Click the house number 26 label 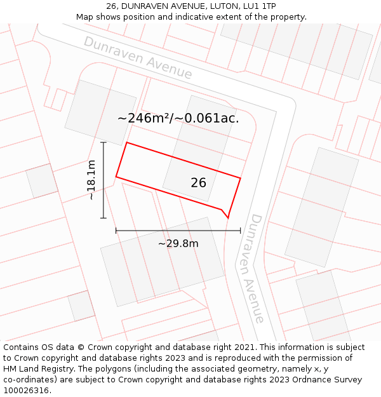click(198, 183)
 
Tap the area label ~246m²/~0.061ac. click(178, 118)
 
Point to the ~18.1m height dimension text click(91, 180)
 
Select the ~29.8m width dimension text click(178, 243)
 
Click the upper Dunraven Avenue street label click(138, 58)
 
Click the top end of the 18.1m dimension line click(103, 142)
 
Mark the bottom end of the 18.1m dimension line click(103, 219)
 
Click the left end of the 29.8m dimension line click(116, 231)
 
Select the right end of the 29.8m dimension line click(241, 231)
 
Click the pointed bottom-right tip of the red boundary click(228, 218)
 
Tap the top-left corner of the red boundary click(127, 142)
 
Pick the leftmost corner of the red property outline click(116, 177)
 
